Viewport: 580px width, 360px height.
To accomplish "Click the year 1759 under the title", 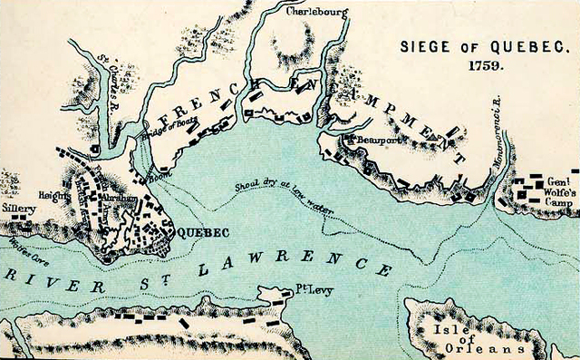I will click(x=486, y=66).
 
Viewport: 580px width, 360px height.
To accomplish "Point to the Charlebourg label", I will click(x=315, y=13).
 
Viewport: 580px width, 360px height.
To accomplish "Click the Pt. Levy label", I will click(x=311, y=291).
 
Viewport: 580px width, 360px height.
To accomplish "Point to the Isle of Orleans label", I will click(x=465, y=338).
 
